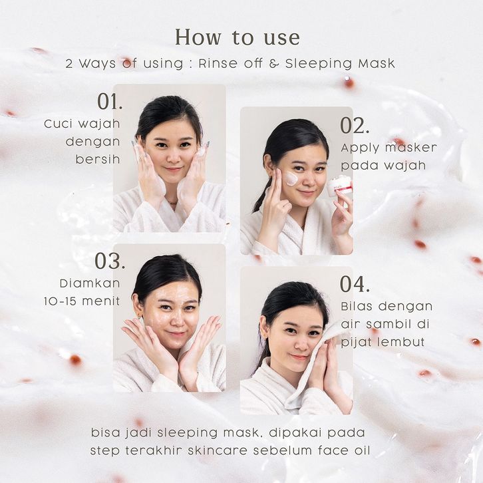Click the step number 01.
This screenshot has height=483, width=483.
(110, 101)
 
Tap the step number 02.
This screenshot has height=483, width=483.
(355, 126)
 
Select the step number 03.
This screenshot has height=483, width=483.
(110, 261)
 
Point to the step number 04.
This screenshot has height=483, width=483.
(355, 284)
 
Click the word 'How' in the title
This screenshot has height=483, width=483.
(198, 37)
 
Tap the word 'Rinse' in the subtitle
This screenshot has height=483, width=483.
(218, 63)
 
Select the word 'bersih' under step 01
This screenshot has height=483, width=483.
(98, 159)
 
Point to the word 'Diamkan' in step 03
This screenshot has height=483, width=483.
(90, 283)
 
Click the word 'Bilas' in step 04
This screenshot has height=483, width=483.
(356, 306)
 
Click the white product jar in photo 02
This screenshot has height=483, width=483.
(339, 186)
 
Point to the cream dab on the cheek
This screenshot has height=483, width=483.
(291, 179)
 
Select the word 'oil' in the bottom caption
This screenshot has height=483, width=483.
(362, 450)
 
